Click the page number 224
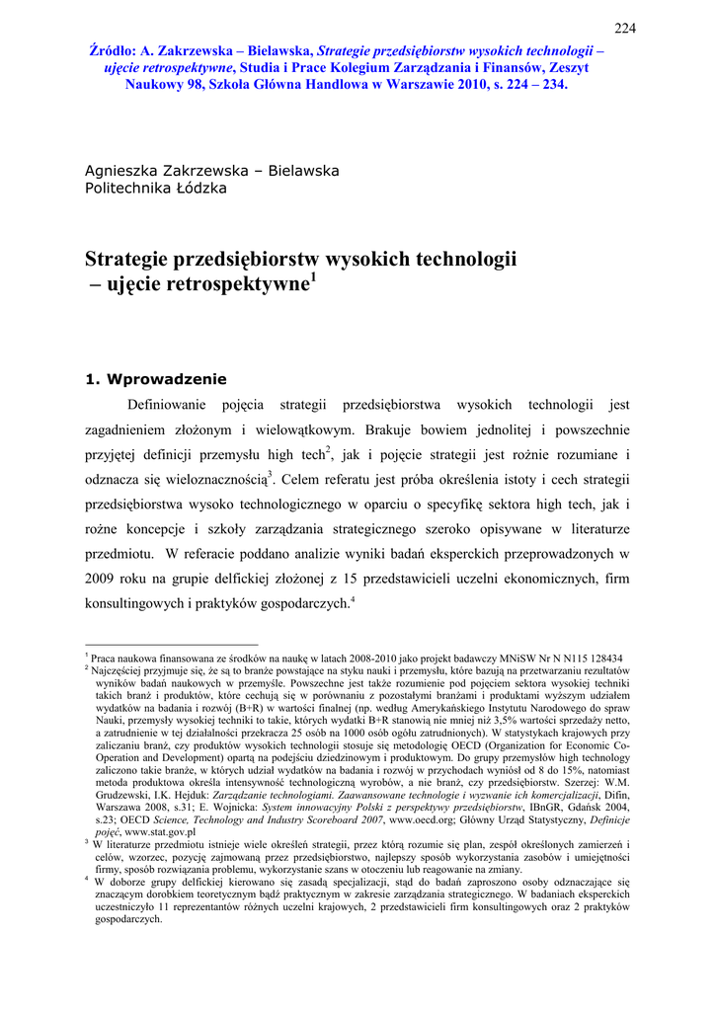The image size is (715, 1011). [624, 28]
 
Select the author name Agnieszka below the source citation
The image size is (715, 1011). [125, 170]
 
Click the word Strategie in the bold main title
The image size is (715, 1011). [126, 262]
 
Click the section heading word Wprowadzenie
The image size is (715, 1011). [167, 378]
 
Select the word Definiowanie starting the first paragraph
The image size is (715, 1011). [167, 405]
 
